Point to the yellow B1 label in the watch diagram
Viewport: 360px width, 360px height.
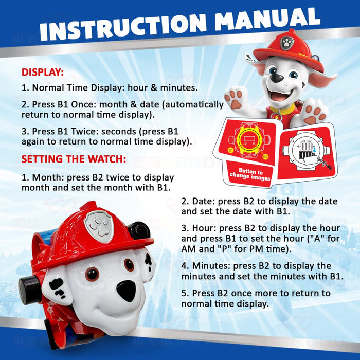[x=230, y=150]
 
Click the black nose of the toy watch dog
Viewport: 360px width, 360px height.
[x=126, y=291]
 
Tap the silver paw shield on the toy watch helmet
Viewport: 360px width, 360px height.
[x=99, y=226]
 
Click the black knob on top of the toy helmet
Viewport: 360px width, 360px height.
[x=139, y=230]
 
